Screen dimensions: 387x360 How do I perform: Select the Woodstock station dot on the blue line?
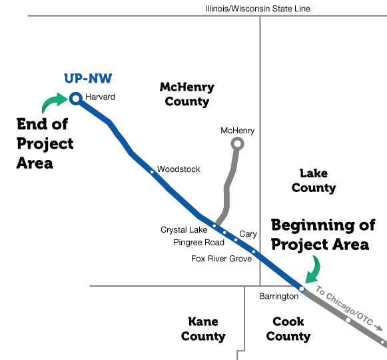152,172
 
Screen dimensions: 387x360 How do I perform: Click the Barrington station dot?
302,289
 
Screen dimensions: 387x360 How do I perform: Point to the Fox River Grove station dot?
254,252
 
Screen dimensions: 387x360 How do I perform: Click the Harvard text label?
100,97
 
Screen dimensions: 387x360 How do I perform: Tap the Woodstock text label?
179,169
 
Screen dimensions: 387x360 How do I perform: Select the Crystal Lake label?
184,230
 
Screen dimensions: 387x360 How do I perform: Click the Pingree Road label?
199,243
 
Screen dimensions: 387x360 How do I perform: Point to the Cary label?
248,234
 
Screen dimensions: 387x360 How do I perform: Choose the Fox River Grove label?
222,259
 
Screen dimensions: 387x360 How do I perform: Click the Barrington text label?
279,297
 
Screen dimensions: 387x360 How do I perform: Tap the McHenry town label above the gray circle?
237,131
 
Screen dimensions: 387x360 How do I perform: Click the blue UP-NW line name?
88,79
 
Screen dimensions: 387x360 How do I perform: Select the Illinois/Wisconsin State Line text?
258,9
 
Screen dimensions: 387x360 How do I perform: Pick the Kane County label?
203,329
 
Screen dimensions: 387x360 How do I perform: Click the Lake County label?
314,181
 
